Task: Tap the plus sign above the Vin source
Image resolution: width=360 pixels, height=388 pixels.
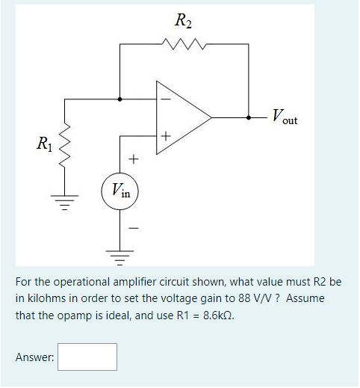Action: point(133,158)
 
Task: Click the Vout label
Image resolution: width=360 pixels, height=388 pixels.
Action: point(284,117)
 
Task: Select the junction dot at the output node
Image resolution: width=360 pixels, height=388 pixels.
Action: point(249,117)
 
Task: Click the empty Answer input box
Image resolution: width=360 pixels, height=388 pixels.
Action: point(88,357)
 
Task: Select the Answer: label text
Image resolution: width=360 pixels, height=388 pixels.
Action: point(34,357)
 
